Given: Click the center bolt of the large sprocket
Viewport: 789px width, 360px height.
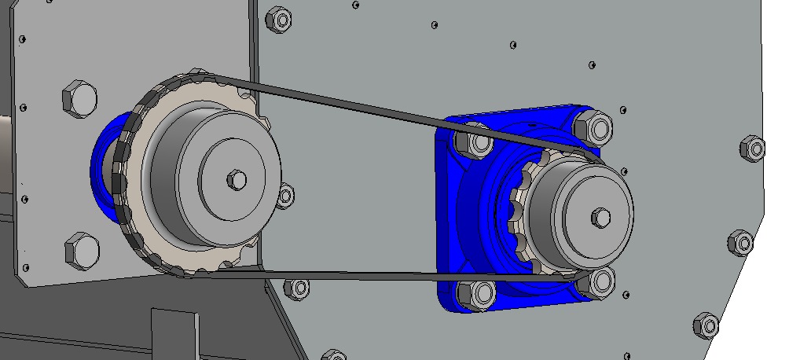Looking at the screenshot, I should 237,179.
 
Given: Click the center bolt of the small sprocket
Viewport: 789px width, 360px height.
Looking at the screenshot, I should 601,217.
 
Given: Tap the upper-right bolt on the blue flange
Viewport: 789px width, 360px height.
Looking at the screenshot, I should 593,127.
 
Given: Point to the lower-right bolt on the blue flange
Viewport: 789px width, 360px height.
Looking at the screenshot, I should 599,282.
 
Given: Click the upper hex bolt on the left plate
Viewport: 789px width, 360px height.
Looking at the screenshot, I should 79,99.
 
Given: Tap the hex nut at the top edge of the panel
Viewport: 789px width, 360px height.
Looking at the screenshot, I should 279,19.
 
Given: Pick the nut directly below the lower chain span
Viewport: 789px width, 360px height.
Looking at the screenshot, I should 298,288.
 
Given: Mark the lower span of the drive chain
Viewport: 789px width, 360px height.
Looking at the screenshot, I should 377,274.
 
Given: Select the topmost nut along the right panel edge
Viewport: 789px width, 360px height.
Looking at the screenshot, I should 752,147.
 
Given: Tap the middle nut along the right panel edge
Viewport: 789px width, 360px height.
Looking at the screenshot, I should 741,242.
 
